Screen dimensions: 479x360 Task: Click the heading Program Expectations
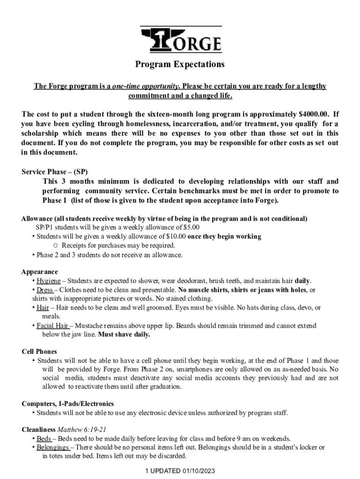(x=180, y=64)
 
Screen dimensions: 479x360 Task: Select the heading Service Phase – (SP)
(x=54, y=172)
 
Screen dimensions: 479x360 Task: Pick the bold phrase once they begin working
(x=224, y=236)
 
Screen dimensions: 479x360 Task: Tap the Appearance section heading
(x=40, y=272)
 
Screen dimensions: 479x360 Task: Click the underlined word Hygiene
(x=49, y=281)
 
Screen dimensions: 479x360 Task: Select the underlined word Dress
(x=45, y=290)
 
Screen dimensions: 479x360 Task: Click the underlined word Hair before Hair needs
(x=43, y=307)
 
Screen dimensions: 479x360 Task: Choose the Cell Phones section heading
(x=39, y=351)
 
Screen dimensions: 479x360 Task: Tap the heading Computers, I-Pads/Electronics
(x=68, y=404)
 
